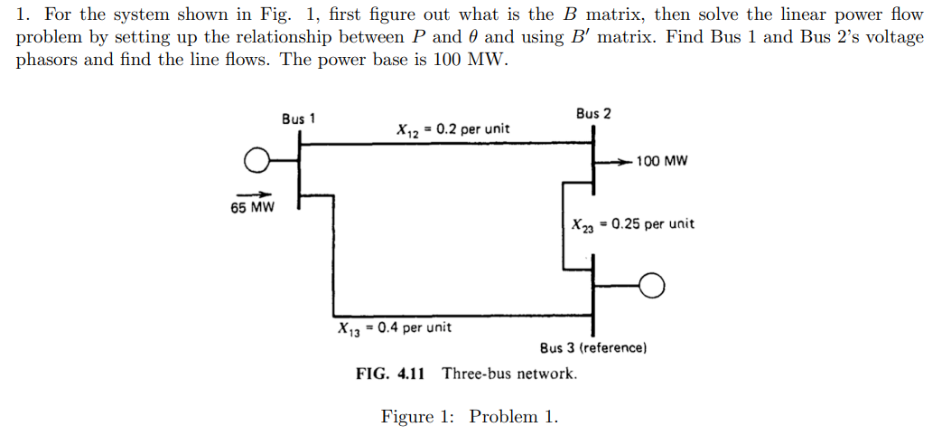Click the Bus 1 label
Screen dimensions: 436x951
pyautogui.click(x=298, y=118)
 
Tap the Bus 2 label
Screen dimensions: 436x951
pyautogui.click(x=592, y=113)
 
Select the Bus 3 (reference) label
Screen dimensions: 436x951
pyautogui.click(x=593, y=347)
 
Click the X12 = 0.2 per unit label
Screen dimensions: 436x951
pyautogui.click(x=452, y=129)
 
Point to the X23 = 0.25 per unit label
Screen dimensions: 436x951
pyautogui.click(x=633, y=224)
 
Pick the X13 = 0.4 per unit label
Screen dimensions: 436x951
pyautogui.click(x=395, y=327)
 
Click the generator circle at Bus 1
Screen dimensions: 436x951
pyautogui.click(x=257, y=161)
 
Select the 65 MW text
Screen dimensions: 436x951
pyautogui.click(x=252, y=207)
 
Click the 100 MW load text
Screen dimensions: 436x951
pyautogui.click(x=662, y=162)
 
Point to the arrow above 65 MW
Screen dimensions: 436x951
pyautogui.click(x=254, y=193)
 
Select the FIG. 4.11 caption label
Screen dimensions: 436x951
pyautogui.click(x=390, y=374)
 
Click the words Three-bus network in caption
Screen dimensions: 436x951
pyautogui.click(x=509, y=374)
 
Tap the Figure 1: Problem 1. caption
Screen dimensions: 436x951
pyautogui.click(x=470, y=417)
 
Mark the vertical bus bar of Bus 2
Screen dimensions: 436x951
pyautogui.click(x=593, y=161)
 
